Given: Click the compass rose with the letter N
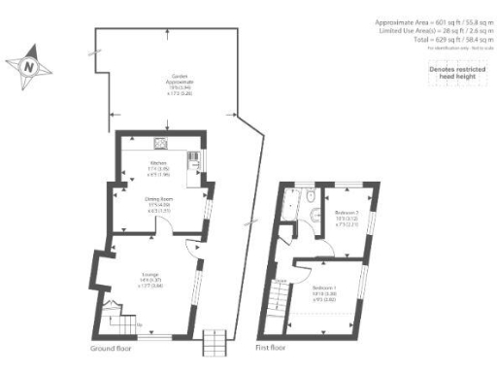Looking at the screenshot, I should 29,66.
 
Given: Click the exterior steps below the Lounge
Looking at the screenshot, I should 213,342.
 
